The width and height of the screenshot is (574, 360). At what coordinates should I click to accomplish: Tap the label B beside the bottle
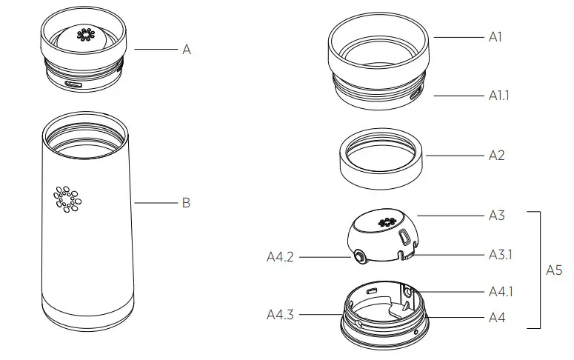[186, 202]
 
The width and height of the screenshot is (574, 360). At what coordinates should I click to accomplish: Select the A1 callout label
[495, 36]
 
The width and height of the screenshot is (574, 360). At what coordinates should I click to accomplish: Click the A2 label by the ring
[496, 156]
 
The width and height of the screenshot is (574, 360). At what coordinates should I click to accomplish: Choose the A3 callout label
[496, 216]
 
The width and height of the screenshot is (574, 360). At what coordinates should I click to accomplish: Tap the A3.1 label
[500, 254]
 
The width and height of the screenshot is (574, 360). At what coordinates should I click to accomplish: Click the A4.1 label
[500, 291]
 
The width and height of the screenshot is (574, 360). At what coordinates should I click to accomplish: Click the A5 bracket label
[554, 270]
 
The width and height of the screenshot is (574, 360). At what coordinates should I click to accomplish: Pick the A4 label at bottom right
[496, 317]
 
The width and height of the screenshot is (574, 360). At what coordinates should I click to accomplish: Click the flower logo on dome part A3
[385, 222]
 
